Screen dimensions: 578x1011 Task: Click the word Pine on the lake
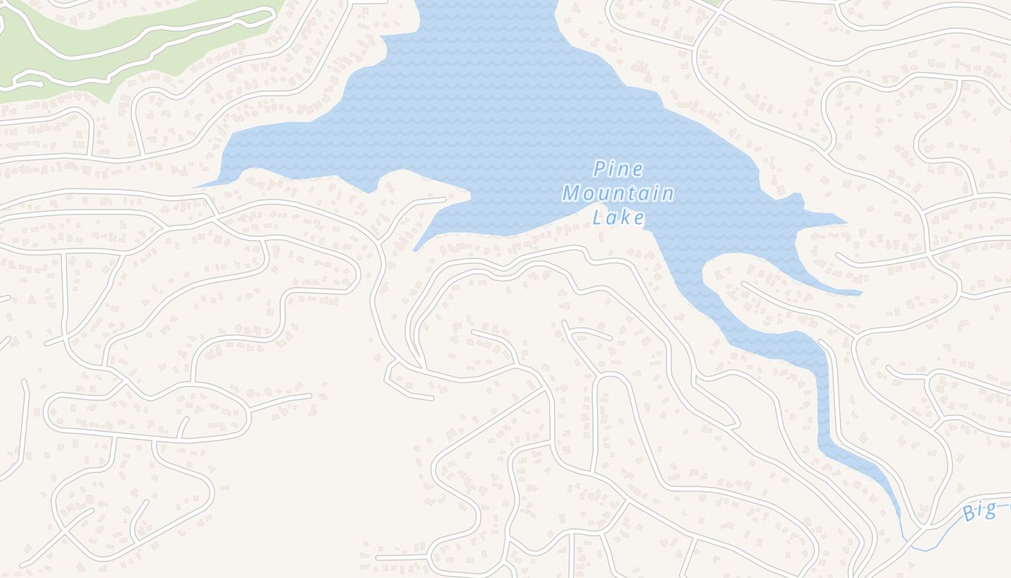point(617,170)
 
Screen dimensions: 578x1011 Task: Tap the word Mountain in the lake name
point(618,194)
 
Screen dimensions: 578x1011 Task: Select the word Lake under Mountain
point(618,217)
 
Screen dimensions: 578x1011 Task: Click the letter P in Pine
point(599,170)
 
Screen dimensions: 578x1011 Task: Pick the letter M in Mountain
point(572,194)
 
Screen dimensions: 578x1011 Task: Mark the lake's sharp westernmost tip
point(196,186)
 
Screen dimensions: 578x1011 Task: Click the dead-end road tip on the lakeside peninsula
point(444,199)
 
